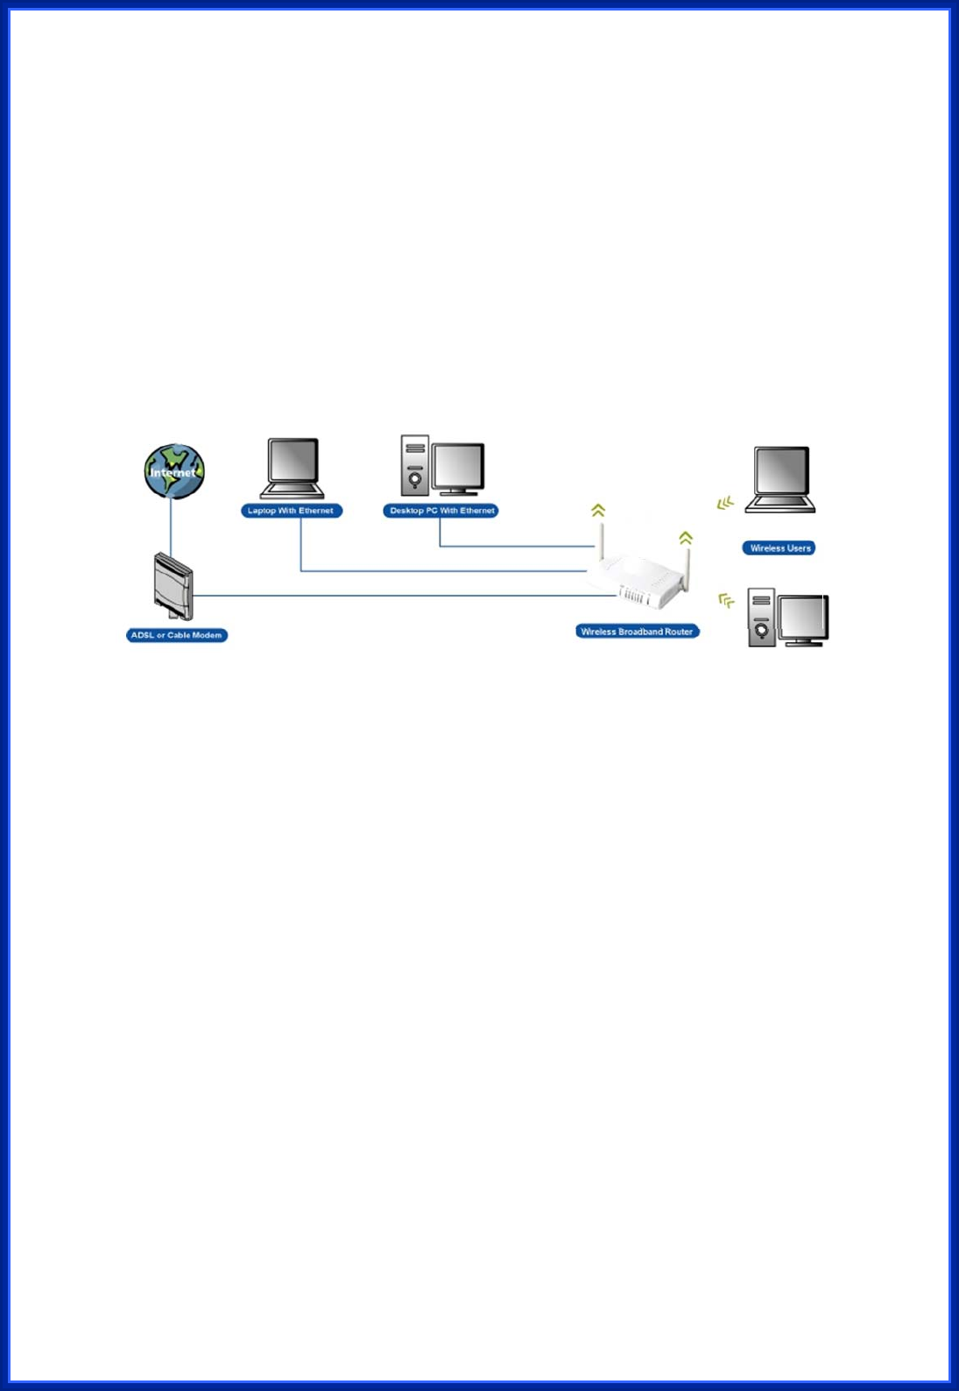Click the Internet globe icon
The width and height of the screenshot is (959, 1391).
[x=174, y=471]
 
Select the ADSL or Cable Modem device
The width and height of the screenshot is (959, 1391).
[x=173, y=586]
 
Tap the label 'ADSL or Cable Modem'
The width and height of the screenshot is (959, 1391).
[x=177, y=635]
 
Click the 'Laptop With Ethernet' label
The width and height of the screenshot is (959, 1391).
[x=291, y=511]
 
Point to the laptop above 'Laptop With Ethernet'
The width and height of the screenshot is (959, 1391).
[x=293, y=468]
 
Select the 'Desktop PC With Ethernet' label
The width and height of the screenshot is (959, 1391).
[x=441, y=511]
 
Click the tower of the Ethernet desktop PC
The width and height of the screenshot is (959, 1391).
[x=414, y=465]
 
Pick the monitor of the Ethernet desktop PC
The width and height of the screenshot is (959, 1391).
[x=458, y=468]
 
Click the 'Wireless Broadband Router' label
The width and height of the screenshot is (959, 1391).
[x=637, y=632]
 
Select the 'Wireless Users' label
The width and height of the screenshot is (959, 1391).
[x=779, y=548]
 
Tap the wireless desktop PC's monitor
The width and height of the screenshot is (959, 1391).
[x=803, y=619]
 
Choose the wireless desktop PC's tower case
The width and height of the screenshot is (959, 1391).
[x=761, y=618]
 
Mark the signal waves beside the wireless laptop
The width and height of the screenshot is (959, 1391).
[x=725, y=504]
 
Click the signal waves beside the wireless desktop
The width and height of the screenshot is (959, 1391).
[x=726, y=601]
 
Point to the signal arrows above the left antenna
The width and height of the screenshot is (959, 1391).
[x=598, y=510]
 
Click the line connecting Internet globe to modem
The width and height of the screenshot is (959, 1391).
[x=171, y=526]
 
